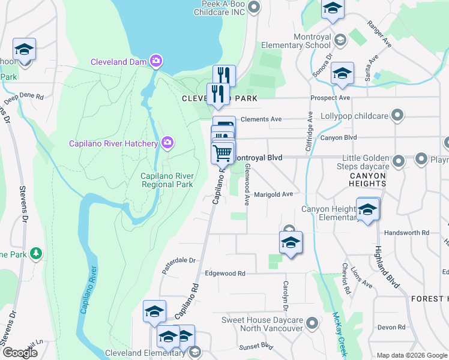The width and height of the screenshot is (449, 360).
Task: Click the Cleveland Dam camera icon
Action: coord(157,61)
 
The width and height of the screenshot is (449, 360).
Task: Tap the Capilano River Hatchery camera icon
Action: coord(168,143)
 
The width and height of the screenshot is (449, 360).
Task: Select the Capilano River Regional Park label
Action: coord(166,180)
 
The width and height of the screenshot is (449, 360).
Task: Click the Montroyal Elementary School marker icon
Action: coord(340,40)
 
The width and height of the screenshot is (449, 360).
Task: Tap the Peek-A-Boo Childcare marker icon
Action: coord(254,7)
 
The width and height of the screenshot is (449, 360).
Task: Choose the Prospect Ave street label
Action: coord(330,98)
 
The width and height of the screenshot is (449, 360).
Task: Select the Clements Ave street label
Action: coord(261,119)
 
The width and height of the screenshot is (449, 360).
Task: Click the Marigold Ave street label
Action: coord(273,194)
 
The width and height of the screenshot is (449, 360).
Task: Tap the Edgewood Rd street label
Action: coord(225,273)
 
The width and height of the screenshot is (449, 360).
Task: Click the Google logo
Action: coord(19,353)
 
